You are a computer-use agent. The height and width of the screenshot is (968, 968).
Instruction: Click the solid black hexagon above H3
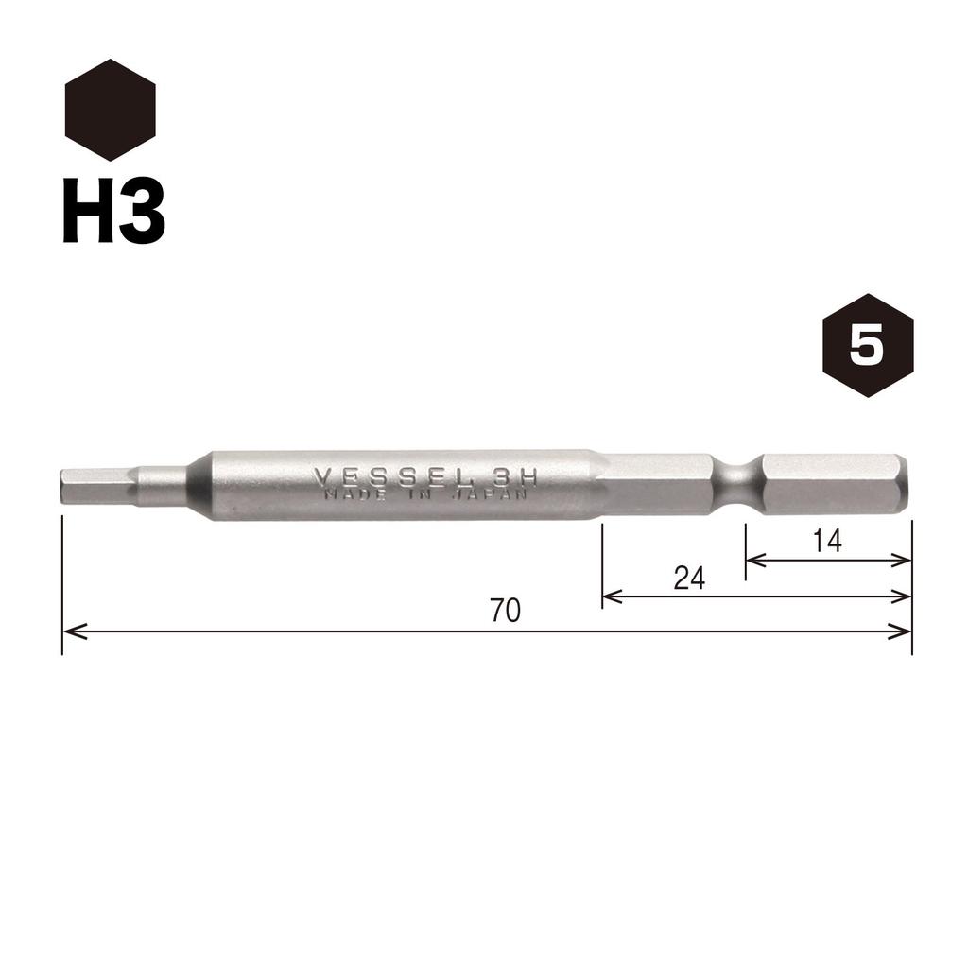pyautogui.click(x=110, y=110)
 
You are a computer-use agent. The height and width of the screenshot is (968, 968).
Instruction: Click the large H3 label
pyautogui.click(x=114, y=211)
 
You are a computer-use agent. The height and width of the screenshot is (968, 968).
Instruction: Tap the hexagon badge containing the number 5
pyautogui.click(x=868, y=345)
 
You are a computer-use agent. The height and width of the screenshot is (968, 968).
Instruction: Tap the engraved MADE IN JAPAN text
pyautogui.click(x=426, y=495)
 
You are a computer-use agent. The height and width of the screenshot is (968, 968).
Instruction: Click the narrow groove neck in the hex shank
pyautogui.click(x=737, y=485)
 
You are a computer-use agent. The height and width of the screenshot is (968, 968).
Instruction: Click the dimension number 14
pyautogui.click(x=826, y=542)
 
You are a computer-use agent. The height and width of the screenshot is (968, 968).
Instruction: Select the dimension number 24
pyautogui.click(x=689, y=579)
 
